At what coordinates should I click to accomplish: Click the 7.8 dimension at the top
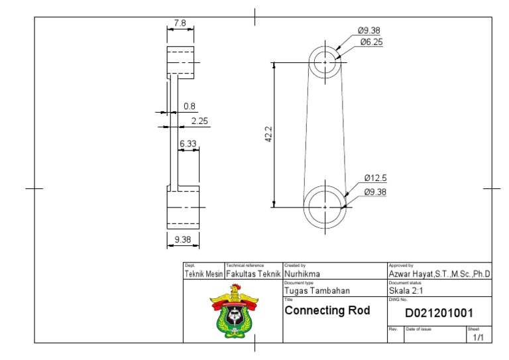pyautogui.click(x=180, y=23)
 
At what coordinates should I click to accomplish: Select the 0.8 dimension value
pyautogui.click(x=190, y=106)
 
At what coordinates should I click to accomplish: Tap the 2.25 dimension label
pyautogui.click(x=199, y=121)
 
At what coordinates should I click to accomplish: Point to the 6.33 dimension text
pyautogui.click(x=188, y=143)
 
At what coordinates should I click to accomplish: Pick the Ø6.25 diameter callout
pyautogui.click(x=371, y=42)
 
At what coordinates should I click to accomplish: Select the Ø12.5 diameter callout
pyautogui.click(x=375, y=178)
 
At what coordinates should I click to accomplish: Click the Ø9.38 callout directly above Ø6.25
pyautogui.click(x=368, y=30)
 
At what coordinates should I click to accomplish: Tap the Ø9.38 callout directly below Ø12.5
pyautogui.click(x=375, y=192)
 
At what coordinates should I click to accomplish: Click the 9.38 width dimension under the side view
pyautogui.click(x=182, y=239)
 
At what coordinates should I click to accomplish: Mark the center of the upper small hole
pyautogui.click(x=326, y=62)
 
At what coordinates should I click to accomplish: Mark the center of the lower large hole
pyautogui.click(x=325, y=207)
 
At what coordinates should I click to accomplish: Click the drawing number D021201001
pyautogui.click(x=439, y=313)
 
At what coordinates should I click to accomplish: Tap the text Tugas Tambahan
pyautogui.click(x=317, y=290)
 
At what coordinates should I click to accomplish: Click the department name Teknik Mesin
pyautogui.click(x=203, y=273)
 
